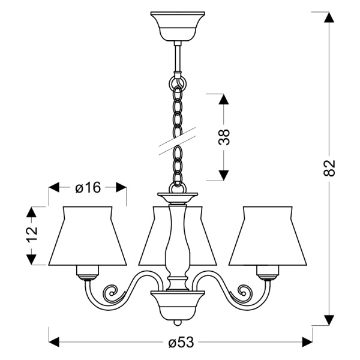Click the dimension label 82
329,168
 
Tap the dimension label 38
224,137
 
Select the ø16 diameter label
88,188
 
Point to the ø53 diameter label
181,343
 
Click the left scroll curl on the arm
112,293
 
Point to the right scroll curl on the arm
242,293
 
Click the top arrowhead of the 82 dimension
329,17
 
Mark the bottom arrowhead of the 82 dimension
329,319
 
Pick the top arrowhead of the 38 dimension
223,100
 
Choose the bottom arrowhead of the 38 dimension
223,175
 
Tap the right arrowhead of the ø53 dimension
306,342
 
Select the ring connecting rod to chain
178,80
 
